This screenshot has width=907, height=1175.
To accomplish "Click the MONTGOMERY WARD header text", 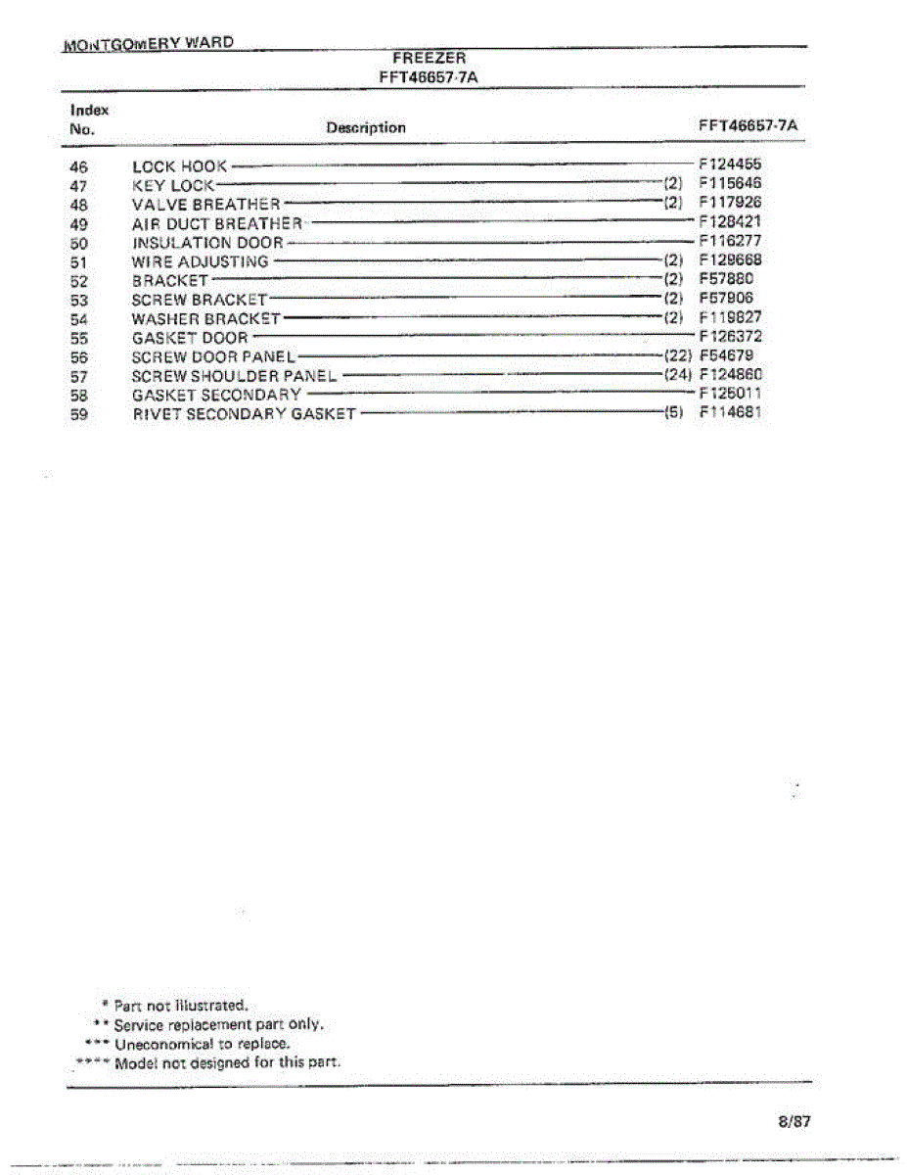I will click(148, 44).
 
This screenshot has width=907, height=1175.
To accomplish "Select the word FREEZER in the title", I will click(429, 59).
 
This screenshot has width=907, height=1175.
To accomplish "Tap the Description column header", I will click(366, 127).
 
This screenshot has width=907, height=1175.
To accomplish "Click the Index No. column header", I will click(88, 119).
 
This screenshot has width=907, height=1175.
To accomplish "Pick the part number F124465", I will click(730, 165).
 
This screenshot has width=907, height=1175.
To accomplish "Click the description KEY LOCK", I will click(172, 185).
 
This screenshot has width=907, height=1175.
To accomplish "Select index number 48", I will click(79, 204).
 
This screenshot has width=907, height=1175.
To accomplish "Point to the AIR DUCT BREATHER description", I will click(217, 223).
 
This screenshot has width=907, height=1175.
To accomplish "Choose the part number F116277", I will click(730, 242).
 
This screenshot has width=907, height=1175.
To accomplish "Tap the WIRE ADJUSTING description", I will click(200, 261).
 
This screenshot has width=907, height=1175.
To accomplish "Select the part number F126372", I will click(730, 337).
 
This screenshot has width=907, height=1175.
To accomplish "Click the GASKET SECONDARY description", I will click(216, 395).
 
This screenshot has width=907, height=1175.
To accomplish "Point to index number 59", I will click(79, 413).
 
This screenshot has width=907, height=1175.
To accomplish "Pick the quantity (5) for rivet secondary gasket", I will click(673, 413).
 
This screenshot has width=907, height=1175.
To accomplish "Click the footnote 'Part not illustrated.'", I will click(181, 1005).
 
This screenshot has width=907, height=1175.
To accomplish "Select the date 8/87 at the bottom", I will click(794, 1122).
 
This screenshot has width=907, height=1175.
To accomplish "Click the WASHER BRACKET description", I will click(205, 318).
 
